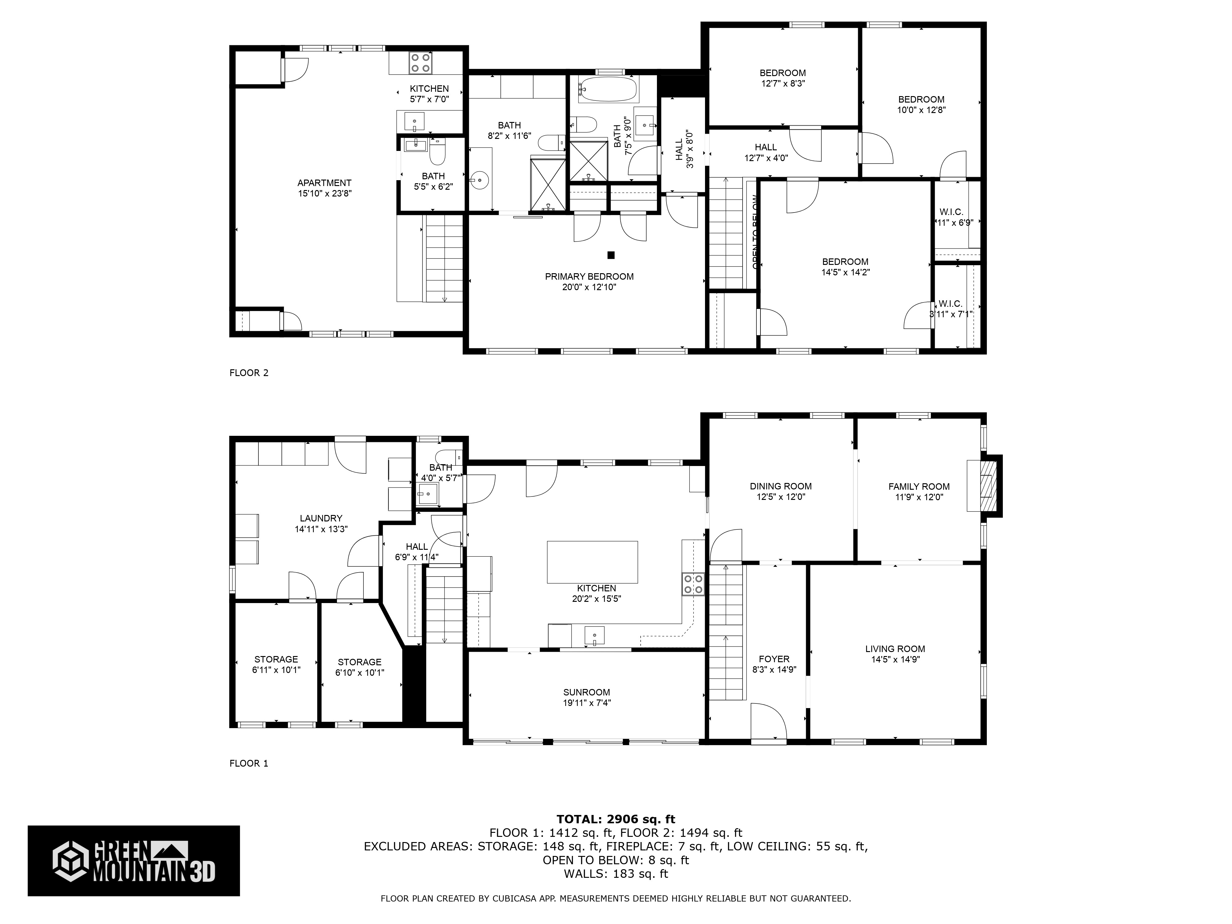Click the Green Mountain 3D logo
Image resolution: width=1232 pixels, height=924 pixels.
[x=134, y=861]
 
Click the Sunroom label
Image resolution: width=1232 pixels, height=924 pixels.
[x=586, y=692]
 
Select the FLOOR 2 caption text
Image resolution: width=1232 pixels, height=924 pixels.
[x=249, y=373]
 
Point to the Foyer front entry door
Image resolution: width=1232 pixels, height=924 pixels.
[x=768, y=722]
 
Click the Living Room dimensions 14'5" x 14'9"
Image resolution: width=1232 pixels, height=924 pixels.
[x=895, y=659]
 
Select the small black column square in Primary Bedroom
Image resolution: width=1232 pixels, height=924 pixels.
[x=611, y=255]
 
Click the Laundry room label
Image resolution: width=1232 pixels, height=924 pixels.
[x=321, y=518]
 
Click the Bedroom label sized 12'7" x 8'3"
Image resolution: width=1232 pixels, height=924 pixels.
[x=783, y=73]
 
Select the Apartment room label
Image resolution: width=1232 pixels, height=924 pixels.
[x=324, y=183]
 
